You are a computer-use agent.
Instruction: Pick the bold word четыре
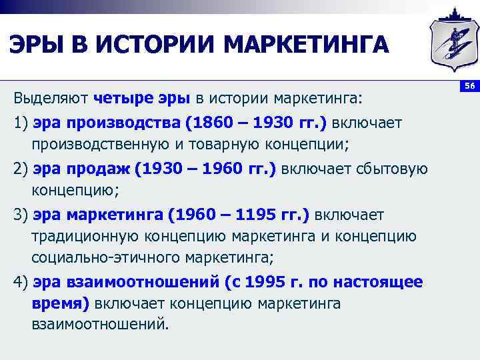[124, 99]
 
